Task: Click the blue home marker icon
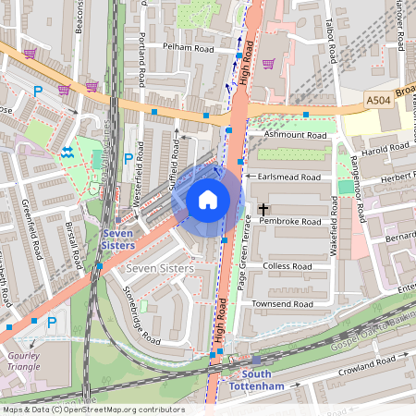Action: (x=208, y=200)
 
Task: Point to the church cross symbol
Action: (x=263, y=211)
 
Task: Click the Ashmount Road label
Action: (x=296, y=135)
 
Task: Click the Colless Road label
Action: (x=289, y=266)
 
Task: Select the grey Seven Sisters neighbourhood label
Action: (x=159, y=268)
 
